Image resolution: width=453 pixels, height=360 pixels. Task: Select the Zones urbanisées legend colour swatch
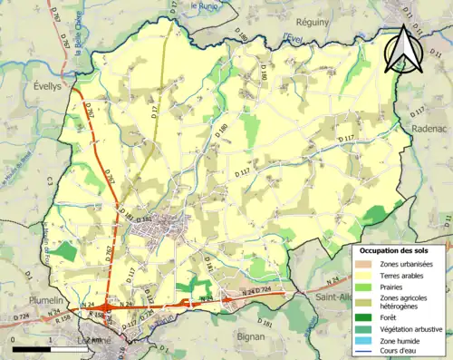pos(364,263)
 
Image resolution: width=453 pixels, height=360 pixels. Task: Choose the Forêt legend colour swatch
pos(364,317)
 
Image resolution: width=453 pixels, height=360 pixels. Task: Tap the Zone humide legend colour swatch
pos(364,339)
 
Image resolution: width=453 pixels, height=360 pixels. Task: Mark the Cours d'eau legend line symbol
pos(364,350)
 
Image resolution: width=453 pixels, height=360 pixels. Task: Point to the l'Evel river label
pos(292,39)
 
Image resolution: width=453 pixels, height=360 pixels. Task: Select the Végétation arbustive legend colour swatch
pos(364,328)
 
